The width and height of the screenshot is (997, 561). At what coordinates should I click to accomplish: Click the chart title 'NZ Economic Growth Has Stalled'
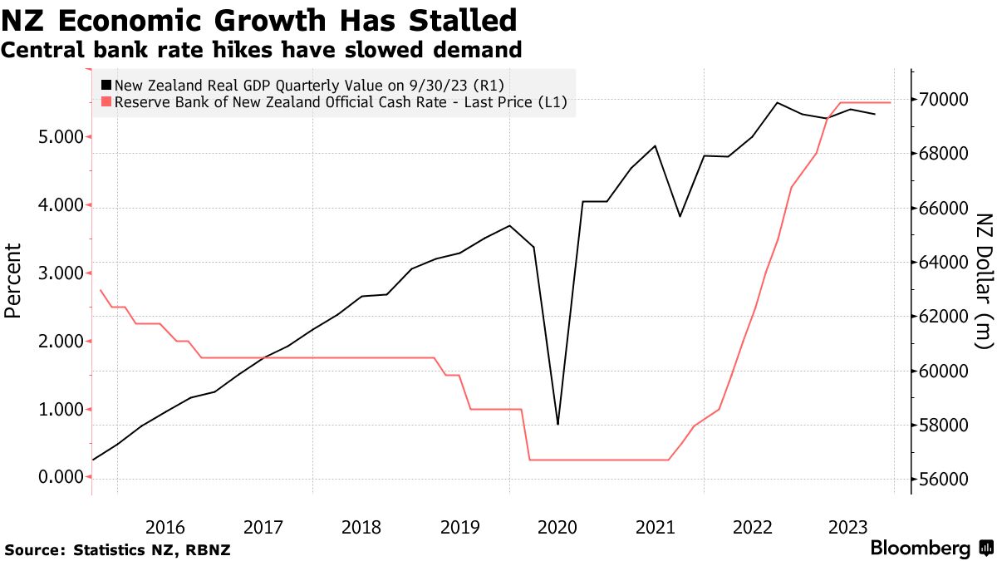tap(259, 20)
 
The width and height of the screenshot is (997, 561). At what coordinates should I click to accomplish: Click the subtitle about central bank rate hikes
tap(262, 51)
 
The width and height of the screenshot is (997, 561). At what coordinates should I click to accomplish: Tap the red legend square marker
tap(106, 103)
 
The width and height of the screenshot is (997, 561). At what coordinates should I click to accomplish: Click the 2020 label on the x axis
tap(557, 527)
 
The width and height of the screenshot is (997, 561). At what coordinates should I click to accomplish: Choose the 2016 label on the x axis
tap(165, 527)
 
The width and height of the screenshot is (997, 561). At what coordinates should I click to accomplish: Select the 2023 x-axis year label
tap(850, 527)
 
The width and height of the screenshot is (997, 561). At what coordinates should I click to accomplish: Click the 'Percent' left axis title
tap(12, 281)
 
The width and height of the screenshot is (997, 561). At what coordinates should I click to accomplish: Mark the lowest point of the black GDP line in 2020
tap(557, 424)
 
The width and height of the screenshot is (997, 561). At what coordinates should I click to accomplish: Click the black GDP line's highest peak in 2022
tap(777, 103)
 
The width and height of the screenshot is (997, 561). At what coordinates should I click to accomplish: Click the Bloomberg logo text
tap(920, 549)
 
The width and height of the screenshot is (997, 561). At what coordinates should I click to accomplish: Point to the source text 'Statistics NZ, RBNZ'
tap(152, 550)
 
